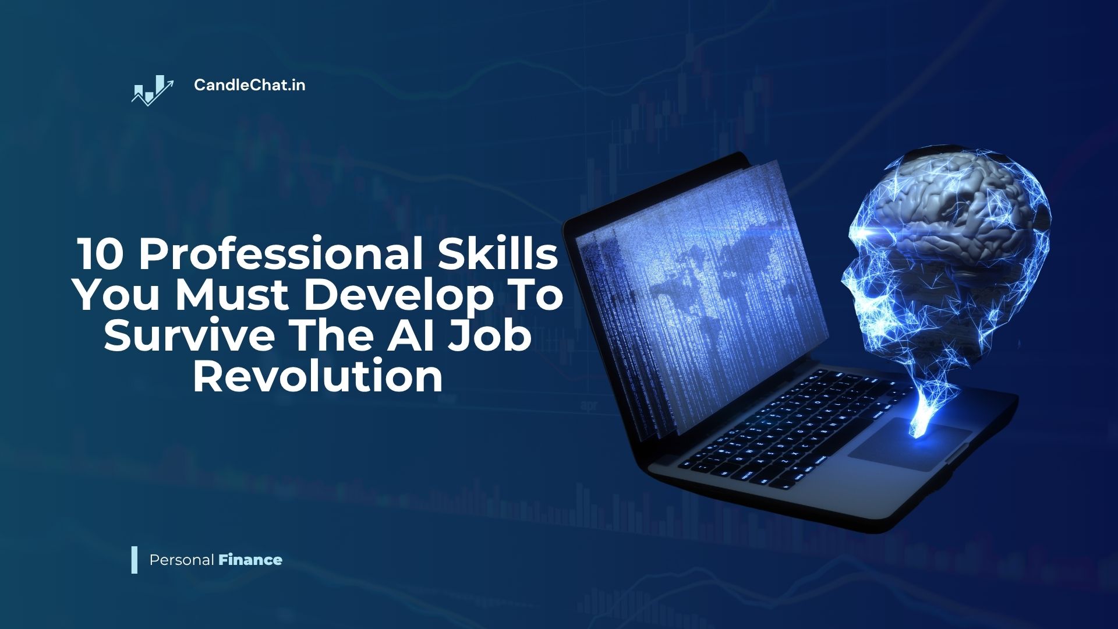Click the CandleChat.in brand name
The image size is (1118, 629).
tap(249, 85)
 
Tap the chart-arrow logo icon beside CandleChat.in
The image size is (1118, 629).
tap(153, 90)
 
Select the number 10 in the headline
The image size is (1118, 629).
tap(99, 255)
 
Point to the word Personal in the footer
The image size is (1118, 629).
tap(182, 560)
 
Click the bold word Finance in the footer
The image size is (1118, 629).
tap(250, 560)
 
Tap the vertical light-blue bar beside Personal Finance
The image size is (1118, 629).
tap(135, 560)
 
